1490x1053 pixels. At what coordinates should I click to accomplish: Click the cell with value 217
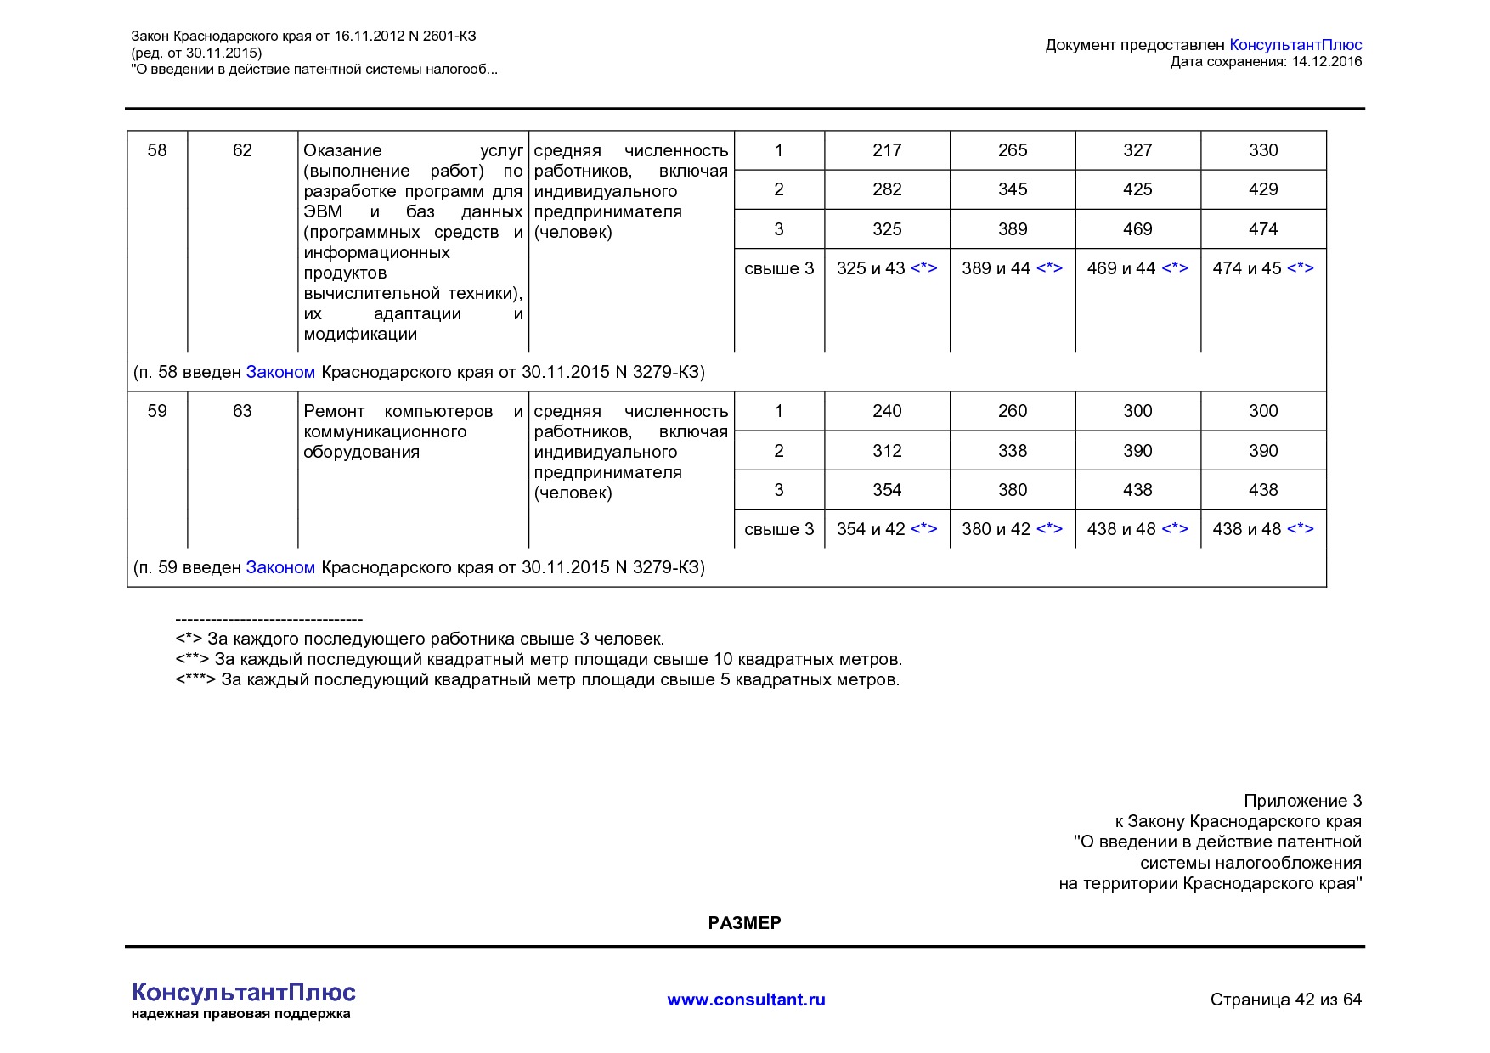click(886, 150)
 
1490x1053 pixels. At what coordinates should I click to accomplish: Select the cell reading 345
click(1012, 189)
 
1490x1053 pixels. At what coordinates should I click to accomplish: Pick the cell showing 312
click(886, 451)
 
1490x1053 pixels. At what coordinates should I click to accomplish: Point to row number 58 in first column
click(157, 150)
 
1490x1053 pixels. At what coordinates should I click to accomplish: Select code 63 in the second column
click(242, 411)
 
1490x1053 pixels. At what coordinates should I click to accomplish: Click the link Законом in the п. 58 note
click(280, 372)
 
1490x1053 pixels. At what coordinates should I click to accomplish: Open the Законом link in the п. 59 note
click(280, 567)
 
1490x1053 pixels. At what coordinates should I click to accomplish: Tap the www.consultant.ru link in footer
click(746, 1000)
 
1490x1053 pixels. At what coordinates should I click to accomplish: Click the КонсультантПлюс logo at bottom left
click(244, 993)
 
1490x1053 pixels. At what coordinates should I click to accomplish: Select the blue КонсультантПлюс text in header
click(1295, 45)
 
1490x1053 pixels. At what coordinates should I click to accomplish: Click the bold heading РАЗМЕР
click(744, 923)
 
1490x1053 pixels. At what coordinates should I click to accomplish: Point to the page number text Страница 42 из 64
click(1285, 1000)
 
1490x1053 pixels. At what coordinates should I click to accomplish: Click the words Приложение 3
click(1302, 801)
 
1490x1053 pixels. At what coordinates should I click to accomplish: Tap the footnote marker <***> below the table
click(195, 680)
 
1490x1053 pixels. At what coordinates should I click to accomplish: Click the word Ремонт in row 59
click(334, 411)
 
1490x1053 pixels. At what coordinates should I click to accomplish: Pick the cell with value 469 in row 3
click(1137, 229)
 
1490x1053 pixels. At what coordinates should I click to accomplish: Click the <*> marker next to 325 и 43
click(923, 268)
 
